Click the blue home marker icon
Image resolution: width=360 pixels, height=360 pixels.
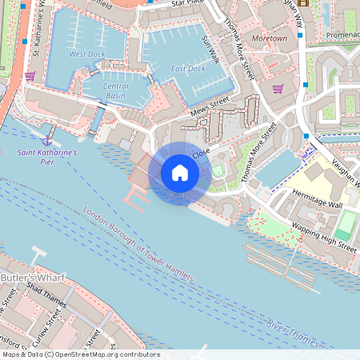pyautogui.click(x=180, y=173)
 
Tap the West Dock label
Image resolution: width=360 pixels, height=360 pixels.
pyautogui.click(x=87, y=54)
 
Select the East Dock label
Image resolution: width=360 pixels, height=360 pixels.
pyautogui.click(x=188, y=69)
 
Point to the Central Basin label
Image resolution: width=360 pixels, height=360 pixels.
pyautogui.click(x=116, y=90)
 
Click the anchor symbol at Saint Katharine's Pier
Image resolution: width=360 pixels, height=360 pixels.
pyautogui.click(x=46, y=141)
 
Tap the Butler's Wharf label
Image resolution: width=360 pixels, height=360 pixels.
pyautogui.click(x=32, y=277)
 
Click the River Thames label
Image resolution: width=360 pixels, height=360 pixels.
pyautogui.click(x=293, y=334)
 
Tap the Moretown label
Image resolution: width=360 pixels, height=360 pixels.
pyautogui.click(x=269, y=38)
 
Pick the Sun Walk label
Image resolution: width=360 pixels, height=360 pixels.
pyautogui.click(x=210, y=50)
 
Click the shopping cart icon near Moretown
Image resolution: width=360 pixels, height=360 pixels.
pyautogui.click(x=278, y=89)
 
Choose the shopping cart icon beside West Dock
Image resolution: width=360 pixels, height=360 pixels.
pyautogui.click(x=30, y=76)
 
